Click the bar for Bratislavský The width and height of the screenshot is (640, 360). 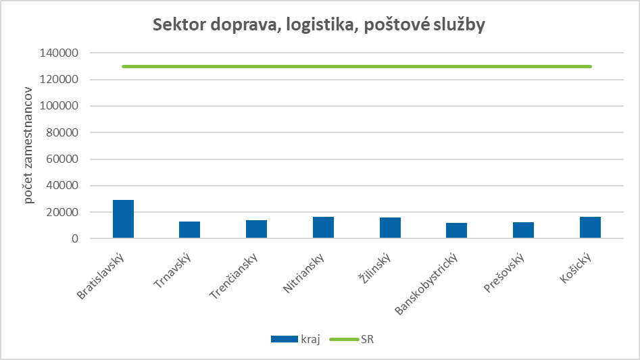123,220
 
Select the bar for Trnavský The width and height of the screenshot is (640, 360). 190,230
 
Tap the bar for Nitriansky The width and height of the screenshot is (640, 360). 323,228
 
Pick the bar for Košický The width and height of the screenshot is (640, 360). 590,228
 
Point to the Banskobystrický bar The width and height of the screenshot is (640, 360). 457,230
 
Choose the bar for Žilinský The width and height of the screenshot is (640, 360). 390,228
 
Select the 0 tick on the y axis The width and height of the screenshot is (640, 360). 76,239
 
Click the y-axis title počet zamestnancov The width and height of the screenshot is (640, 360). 29,145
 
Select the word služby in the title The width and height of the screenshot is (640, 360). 458,25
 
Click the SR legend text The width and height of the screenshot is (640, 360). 367,339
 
